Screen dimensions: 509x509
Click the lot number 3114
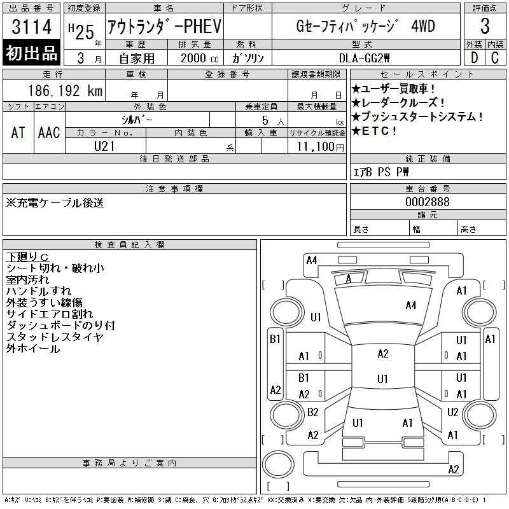tap(31, 26)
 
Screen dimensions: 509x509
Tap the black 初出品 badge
tap(31, 53)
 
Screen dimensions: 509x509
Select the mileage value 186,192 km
tap(65, 90)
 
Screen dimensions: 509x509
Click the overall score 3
tap(485, 26)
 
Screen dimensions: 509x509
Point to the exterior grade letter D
tap(474, 58)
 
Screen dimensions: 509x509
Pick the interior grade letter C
tap(495, 58)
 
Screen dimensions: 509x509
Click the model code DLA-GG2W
tap(364, 58)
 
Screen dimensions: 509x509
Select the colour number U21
tap(104, 146)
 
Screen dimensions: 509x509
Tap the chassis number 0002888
tap(428, 202)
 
